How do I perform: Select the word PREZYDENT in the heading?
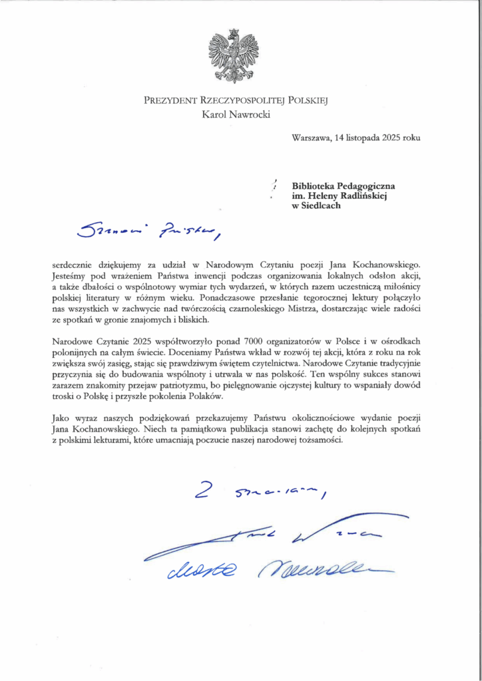pos(169,101)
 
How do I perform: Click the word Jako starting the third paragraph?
pos(61,418)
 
